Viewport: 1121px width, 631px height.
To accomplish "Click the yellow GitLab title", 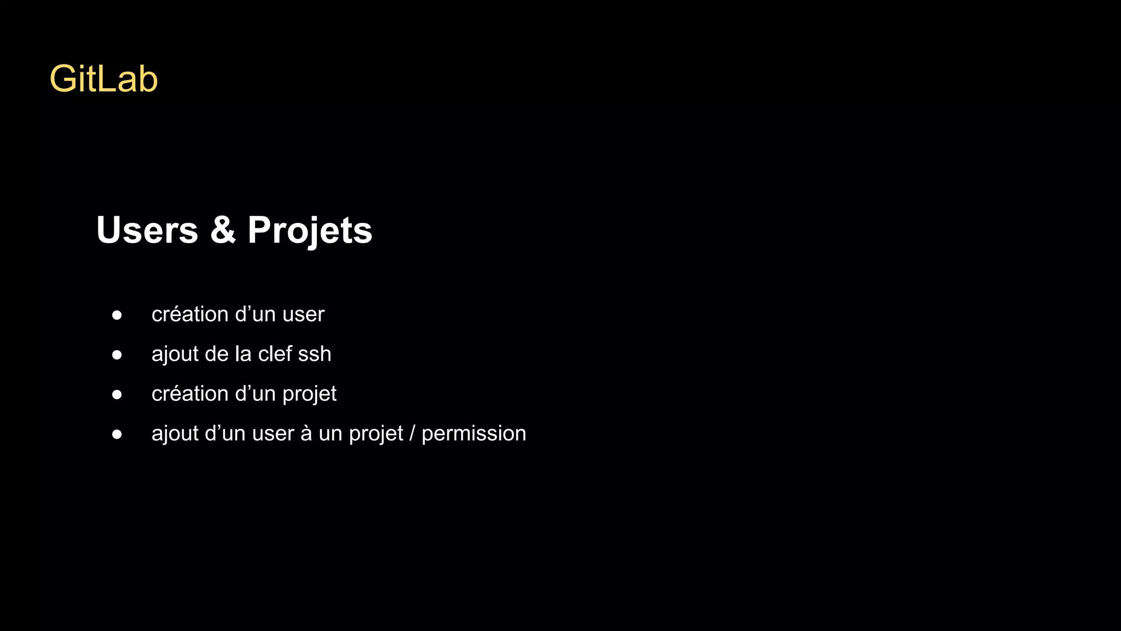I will [103, 79].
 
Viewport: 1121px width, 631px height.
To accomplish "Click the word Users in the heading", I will [147, 230].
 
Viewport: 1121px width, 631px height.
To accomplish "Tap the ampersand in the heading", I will [223, 230].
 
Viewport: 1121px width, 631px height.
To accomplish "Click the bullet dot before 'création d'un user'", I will [117, 315].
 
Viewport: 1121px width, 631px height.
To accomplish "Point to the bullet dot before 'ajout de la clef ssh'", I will [117, 355].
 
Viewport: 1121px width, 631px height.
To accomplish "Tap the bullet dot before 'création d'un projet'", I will [117, 394].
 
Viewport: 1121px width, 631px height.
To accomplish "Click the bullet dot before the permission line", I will [117, 434].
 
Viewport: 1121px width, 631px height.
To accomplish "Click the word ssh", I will [315, 354].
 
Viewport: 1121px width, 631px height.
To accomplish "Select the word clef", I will [275, 354].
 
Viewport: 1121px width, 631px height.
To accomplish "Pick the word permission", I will [473, 434].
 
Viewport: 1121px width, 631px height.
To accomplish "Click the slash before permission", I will [412, 433].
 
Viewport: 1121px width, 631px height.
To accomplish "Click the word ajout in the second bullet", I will [175, 354].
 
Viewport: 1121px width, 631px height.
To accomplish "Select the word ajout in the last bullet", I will [175, 434].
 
